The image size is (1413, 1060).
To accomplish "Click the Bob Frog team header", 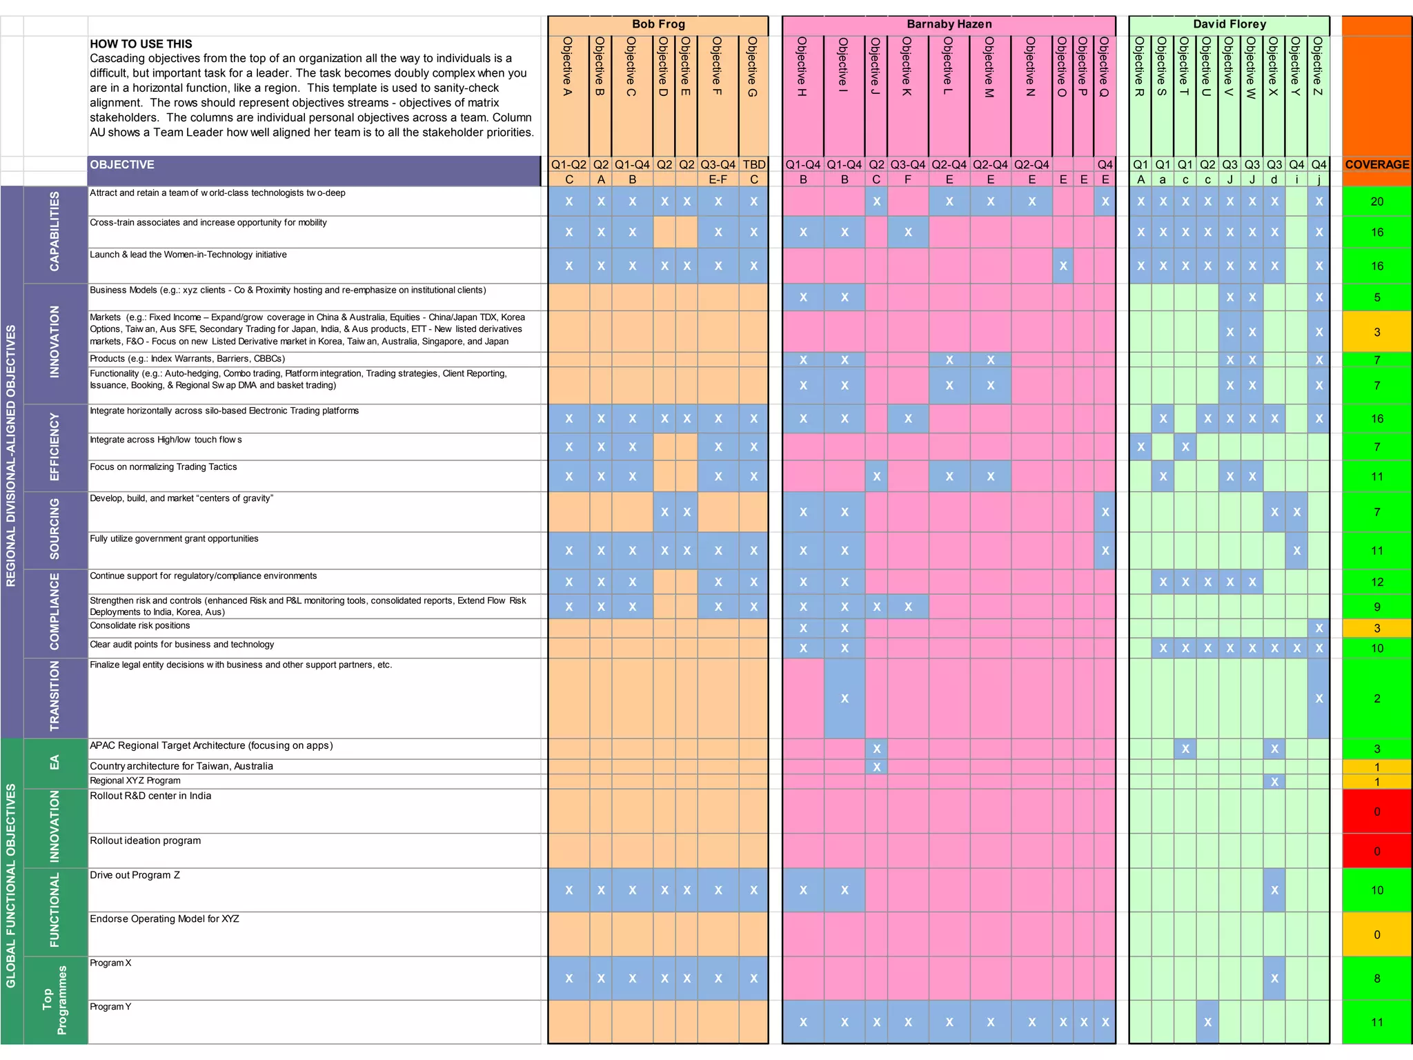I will [x=658, y=24].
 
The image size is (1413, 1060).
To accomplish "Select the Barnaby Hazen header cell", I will [x=949, y=24].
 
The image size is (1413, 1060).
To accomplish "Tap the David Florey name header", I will [x=1229, y=24].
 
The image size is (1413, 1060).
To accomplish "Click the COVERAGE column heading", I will [x=1376, y=164].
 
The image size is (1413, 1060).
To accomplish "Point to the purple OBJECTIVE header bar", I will [x=314, y=164].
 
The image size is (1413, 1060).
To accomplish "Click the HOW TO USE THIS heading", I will [x=141, y=43].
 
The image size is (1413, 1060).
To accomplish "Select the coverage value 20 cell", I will [x=1376, y=202].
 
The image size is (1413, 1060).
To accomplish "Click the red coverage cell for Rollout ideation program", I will [x=1376, y=851].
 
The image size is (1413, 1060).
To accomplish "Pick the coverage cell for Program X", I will [x=1376, y=978].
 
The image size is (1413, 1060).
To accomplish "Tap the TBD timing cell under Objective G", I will [x=753, y=164].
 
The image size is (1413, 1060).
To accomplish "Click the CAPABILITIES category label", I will [x=55, y=231].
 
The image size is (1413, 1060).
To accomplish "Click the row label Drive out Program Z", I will [x=135, y=875].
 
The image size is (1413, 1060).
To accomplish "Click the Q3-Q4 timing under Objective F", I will [x=718, y=164].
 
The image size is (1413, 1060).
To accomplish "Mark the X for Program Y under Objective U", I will [x=1207, y=1022].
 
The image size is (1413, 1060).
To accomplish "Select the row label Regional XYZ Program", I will [x=135, y=781].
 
